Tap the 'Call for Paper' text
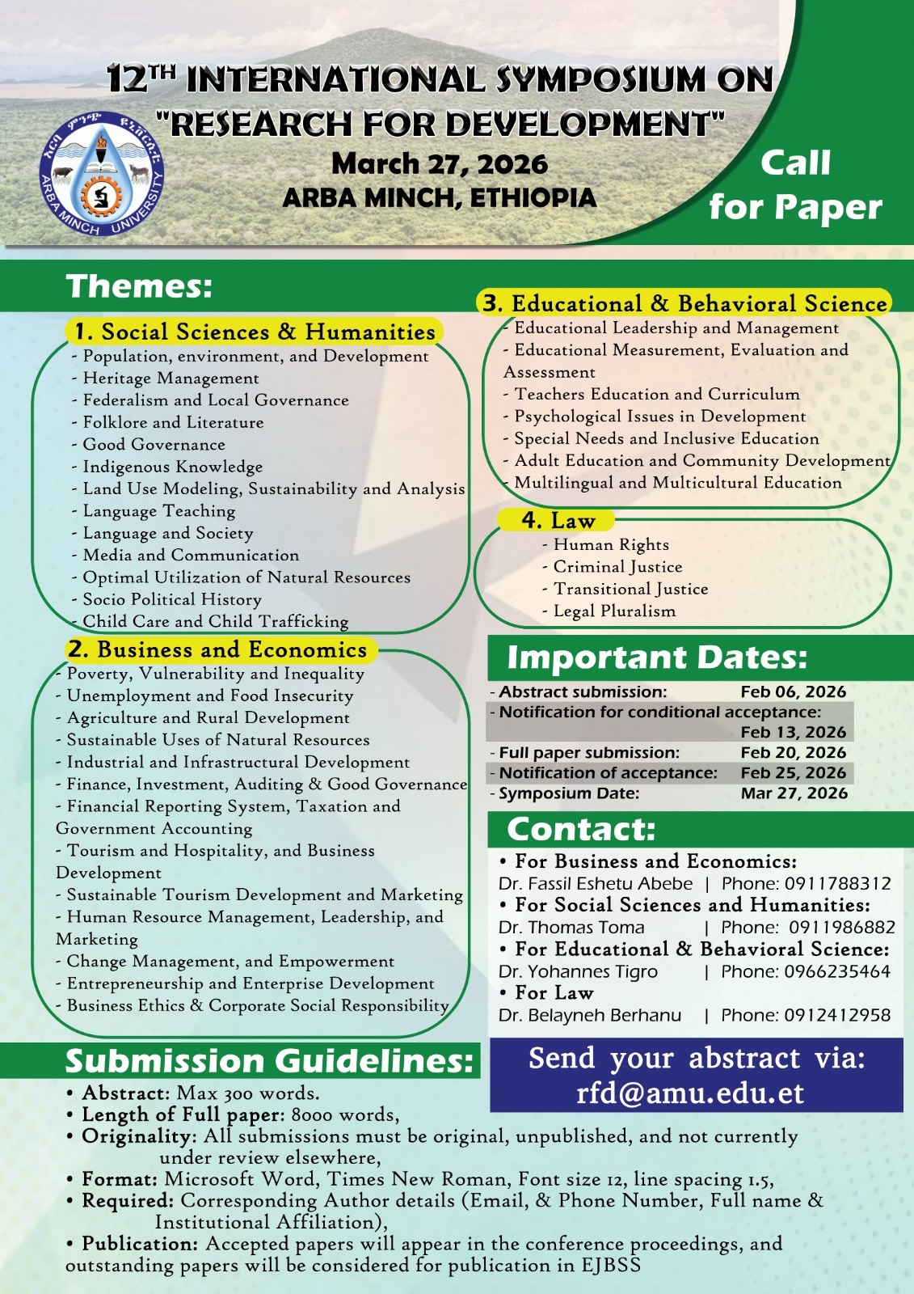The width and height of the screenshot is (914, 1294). (x=795, y=185)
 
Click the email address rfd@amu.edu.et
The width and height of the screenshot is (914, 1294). (x=690, y=1093)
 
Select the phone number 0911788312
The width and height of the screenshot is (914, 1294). (x=837, y=883)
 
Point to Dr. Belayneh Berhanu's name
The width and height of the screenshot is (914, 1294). (x=590, y=1015)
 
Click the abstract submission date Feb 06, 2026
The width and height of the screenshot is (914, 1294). (x=793, y=691)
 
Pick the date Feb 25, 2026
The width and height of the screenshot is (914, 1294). (x=793, y=772)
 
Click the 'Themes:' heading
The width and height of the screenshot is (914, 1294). (x=139, y=286)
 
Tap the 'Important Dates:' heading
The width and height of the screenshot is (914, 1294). (x=656, y=658)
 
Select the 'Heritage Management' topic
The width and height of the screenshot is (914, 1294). (x=171, y=378)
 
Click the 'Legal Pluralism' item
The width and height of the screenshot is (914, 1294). (x=614, y=611)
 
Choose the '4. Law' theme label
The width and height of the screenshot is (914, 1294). (x=558, y=520)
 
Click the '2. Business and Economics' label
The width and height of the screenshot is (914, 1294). (x=217, y=649)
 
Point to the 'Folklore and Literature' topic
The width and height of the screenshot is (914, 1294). (x=173, y=422)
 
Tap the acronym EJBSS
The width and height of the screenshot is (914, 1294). (x=610, y=1265)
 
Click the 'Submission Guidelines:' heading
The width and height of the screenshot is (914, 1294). (x=269, y=1061)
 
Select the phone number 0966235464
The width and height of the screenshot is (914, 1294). (x=837, y=971)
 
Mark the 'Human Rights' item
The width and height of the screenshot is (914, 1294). (x=611, y=544)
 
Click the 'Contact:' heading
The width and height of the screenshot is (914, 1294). (x=580, y=829)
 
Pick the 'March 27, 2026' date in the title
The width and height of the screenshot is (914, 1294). (x=440, y=164)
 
